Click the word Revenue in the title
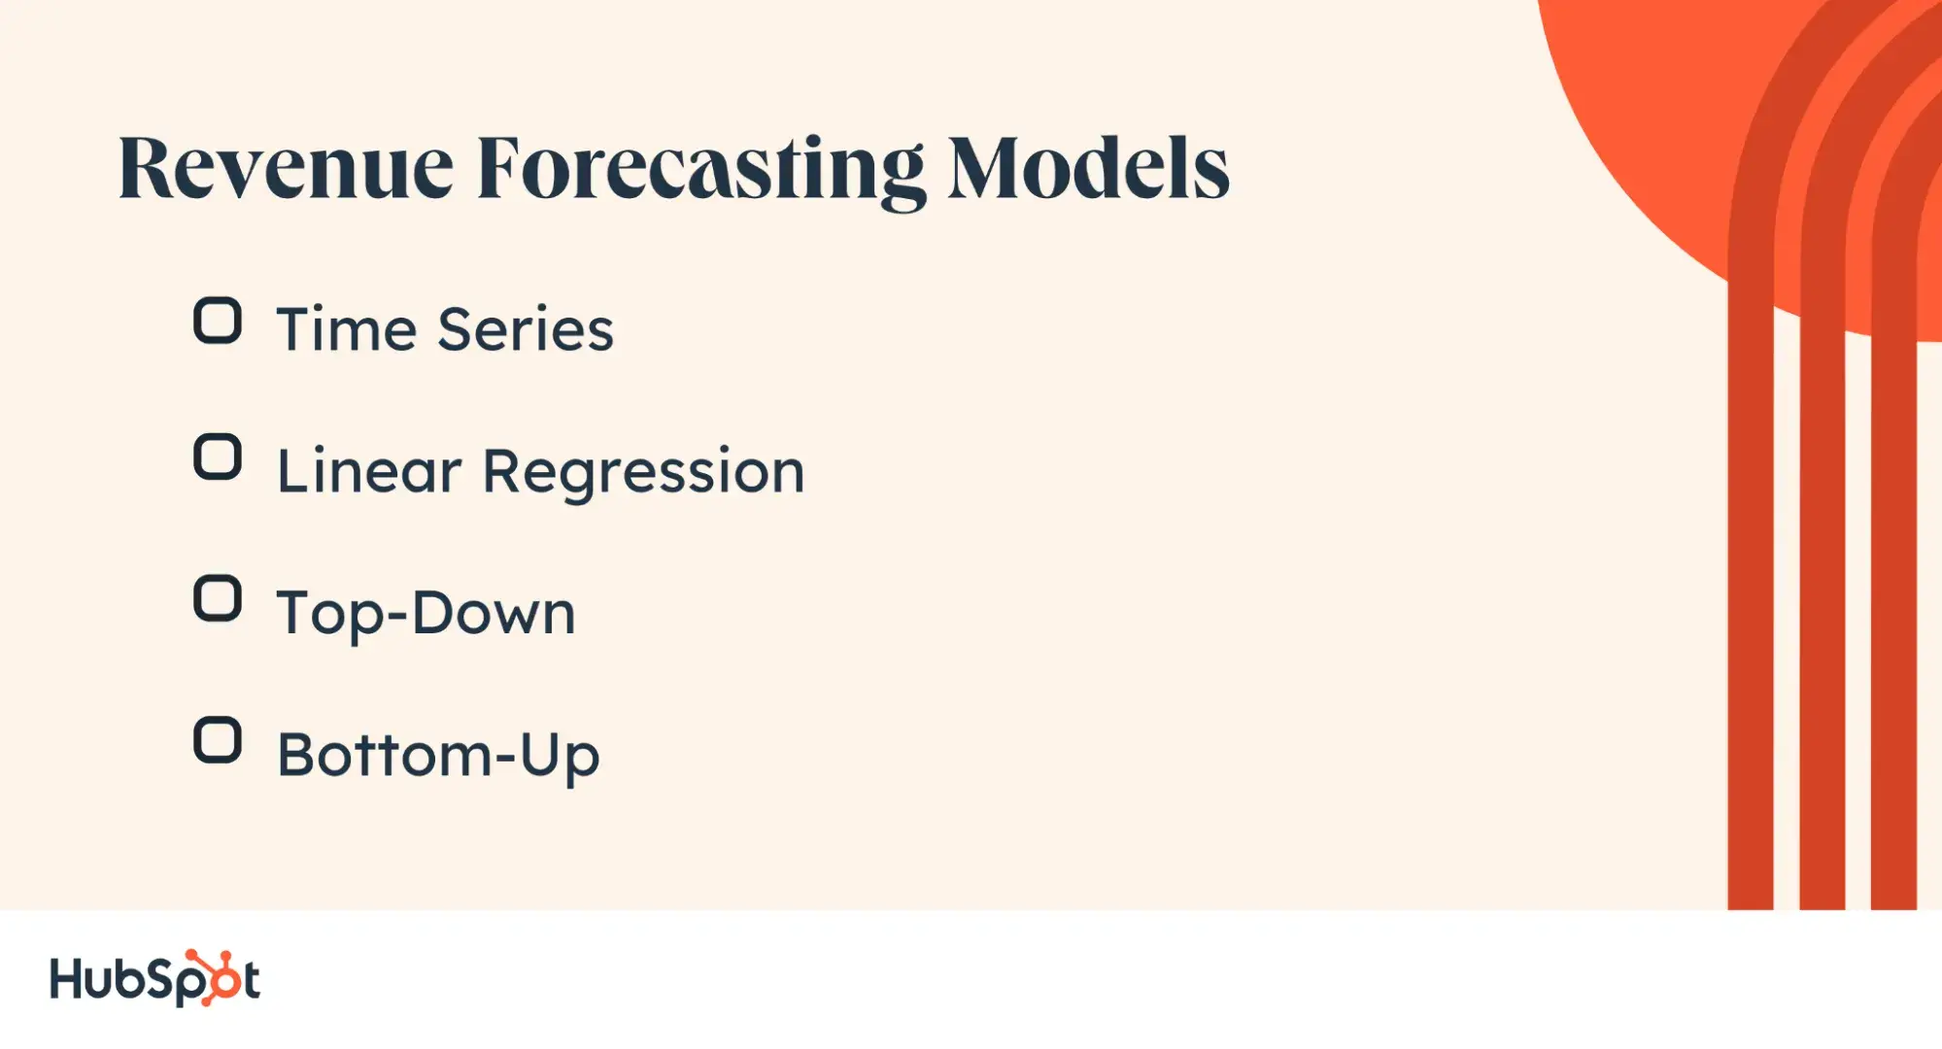tap(286, 168)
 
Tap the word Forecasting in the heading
tap(700, 172)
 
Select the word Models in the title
tap(1089, 168)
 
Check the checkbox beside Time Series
tap(218, 321)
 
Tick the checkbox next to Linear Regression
tap(218, 457)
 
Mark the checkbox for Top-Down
tap(218, 598)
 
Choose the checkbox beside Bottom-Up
tap(218, 740)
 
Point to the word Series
tap(526, 328)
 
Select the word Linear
tap(369, 471)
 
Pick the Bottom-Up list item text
tap(438, 758)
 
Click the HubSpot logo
tap(155, 978)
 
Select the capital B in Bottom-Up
tap(298, 755)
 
